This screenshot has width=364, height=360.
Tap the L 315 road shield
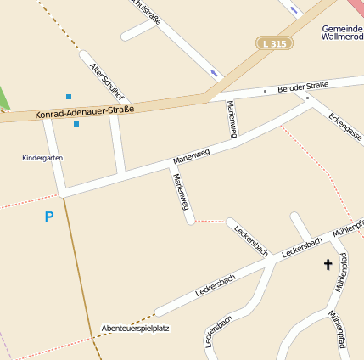point(274,42)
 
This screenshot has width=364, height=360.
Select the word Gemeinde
point(342,28)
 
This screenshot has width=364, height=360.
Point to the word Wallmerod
point(343,38)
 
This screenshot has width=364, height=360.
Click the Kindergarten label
point(42,158)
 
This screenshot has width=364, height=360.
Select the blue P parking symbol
point(49,217)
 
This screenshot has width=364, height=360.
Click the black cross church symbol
point(328,265)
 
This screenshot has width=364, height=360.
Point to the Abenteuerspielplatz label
point(135,328)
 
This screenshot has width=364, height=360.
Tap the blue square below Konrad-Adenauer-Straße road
point(76,124)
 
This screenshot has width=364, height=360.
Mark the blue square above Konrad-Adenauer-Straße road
point(69,97)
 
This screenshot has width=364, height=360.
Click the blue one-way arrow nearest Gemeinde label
point(294,10)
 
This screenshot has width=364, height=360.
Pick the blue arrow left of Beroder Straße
point(213,74)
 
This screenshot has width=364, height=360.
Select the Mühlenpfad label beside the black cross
point(341,273)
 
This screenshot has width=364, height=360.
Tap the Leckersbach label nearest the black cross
point(302,247)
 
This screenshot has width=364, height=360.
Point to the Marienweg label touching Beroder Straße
point(232,118)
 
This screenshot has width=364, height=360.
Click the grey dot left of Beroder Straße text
point(265,90)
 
